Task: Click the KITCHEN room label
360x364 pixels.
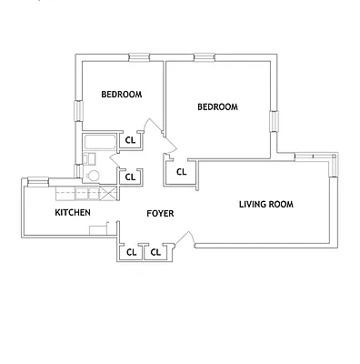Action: [73, 212]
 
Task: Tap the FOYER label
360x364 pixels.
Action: [160, 213]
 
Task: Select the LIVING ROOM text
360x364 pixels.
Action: [266, 204]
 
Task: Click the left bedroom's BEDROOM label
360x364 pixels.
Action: [121, 95]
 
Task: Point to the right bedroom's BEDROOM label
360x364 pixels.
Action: [217, 106]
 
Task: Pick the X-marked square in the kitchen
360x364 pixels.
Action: [108, 193]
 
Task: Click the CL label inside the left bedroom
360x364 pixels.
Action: [130, 140]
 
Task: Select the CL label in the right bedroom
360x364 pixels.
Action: [181, 171]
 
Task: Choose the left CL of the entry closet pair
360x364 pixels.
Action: [132, 251]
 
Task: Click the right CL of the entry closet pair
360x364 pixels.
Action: [155, 251]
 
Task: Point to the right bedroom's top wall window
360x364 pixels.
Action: [203, 57]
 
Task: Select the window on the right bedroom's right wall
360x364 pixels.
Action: [272, 121]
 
